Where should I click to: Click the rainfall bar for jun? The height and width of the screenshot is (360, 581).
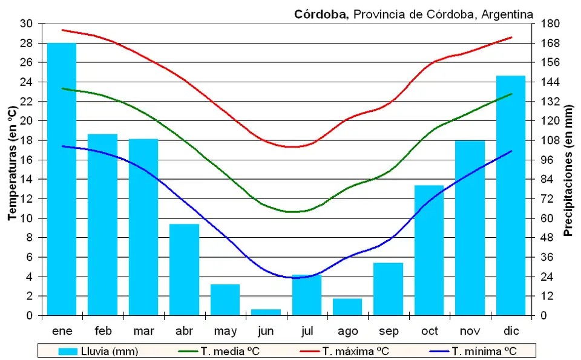click(266, 312)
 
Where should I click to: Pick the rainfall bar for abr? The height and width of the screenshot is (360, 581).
click(184, 270)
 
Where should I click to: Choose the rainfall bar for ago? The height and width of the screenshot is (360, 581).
click(347, 307)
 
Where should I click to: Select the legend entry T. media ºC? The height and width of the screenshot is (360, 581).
click(218, 351)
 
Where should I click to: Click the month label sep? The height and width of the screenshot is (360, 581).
click(388, 331)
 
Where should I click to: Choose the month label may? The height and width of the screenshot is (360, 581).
click(225, 331)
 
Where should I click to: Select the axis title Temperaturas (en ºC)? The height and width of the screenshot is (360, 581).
click(11, 163)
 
